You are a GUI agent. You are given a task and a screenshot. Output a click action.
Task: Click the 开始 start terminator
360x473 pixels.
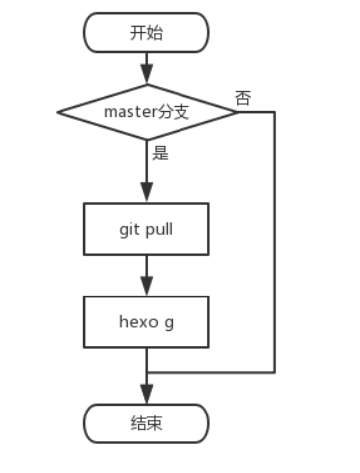[147, 32]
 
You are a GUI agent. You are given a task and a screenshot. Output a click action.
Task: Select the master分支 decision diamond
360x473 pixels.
[147, 110]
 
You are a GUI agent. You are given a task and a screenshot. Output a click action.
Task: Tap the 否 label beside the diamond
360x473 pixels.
[243, 97]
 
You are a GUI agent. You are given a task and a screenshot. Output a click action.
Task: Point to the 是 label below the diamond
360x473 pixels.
[159, 153]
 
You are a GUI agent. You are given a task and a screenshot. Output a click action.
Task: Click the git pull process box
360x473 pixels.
[147, 229]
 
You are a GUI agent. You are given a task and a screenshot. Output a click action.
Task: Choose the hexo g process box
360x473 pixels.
[147, 321]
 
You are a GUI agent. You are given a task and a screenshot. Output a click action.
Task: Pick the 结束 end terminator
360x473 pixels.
[147, 423]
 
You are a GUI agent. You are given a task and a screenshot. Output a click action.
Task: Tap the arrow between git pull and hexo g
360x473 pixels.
[147, 275]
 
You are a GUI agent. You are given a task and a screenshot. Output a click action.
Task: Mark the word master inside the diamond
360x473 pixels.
[129, 110]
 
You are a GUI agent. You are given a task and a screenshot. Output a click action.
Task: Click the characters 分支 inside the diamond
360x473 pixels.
[173, 110]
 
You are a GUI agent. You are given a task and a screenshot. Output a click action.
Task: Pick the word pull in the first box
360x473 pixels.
[159, 229]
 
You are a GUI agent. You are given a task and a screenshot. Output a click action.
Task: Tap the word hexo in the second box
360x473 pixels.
[138, 321]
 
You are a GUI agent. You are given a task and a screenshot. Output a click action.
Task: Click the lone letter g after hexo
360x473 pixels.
[172, 322]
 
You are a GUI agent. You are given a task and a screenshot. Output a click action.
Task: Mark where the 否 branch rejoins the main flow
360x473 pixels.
[147, 373]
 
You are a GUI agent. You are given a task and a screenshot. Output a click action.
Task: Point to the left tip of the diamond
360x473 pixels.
[59, 110]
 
